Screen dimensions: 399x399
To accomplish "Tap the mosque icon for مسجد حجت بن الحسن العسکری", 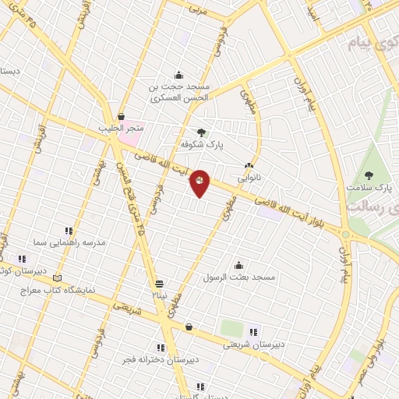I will click(x=180, y=76).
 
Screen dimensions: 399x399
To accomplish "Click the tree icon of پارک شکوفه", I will click(x=202, y=132).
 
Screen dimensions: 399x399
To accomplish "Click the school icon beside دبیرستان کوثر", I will click(x=22, y=259).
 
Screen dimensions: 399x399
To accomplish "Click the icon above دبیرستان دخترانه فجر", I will click(x=161, y=348).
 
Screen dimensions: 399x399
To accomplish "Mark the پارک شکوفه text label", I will click(x=196, y=145).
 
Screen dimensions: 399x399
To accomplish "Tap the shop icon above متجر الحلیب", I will click(x=121, y=116).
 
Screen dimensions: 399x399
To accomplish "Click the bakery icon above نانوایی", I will click(x=249, y=165).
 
